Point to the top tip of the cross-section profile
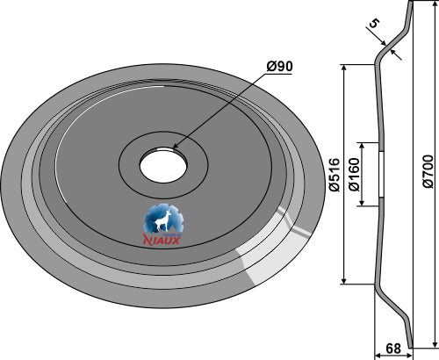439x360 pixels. click(410, 4)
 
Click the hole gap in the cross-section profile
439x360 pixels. click(382, 175)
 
